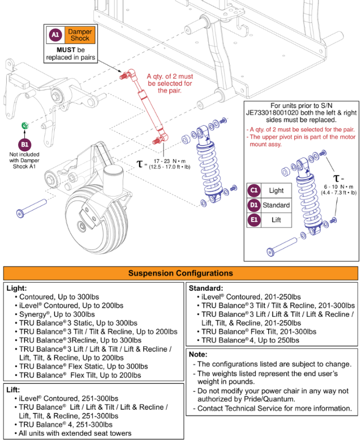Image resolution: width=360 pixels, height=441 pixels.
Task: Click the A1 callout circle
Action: (x=56, y=34)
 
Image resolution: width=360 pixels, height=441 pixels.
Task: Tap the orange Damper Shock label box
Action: (x=79, y=34)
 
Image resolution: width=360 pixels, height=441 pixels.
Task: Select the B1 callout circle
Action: (x=24, y=144)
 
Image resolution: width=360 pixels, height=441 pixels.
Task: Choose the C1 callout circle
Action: (x=254, y=190)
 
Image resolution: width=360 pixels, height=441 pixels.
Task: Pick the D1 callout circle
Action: (x=254, y=205)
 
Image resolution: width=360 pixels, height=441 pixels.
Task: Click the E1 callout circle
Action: (x=254, y=220)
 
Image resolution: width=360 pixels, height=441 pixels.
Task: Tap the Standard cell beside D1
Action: (x=276, y=205)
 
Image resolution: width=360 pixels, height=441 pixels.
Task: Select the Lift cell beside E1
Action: (x=276, y=220)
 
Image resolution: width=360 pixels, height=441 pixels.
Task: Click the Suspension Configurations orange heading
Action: (x=180, y=273)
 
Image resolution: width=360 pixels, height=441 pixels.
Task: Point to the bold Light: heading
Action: (x=17, y=288)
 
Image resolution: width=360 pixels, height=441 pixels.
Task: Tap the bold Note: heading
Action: (x=198, y=354)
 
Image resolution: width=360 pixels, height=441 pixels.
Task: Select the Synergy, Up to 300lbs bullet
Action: (x=57, y=314)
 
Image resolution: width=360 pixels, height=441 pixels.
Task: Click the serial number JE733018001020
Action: (x=274, y=114)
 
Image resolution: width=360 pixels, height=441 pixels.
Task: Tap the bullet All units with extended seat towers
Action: (x=75, y=433)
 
